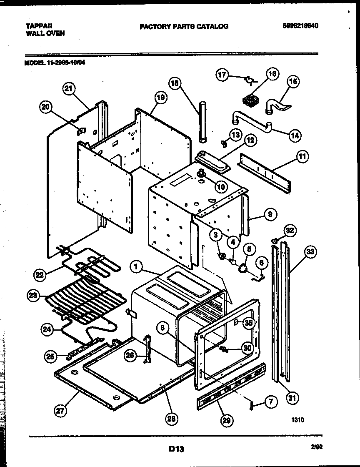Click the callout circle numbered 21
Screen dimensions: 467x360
click(x=69, y=88)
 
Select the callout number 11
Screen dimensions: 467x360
click(x=302, y=157)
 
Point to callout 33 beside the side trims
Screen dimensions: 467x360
click(x=310, y=251)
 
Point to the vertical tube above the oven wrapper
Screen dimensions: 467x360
click(x=203, y=121)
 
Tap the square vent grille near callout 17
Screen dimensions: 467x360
click(x=250, y=100)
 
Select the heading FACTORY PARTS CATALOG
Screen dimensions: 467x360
click(x=184, y=26)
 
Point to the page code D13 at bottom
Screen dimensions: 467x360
click(x=176, y=449)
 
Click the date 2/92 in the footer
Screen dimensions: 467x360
click(x=317, y=447)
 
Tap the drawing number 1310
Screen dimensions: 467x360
click(x=297, y=420)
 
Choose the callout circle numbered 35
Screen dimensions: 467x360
click(x=248, y=322)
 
